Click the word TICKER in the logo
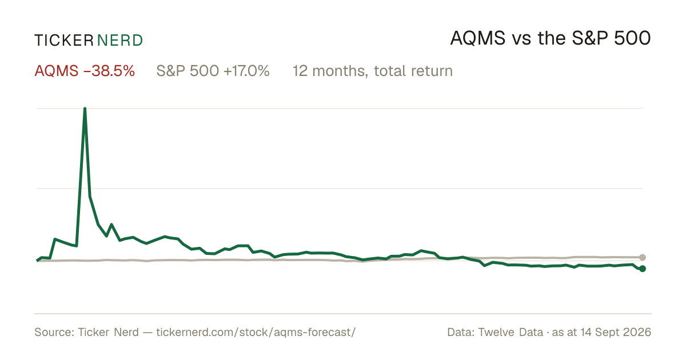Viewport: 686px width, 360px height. pos(64,41)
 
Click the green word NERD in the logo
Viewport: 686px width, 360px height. pos(120,41)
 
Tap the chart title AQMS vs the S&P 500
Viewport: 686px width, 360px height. pos(551,38)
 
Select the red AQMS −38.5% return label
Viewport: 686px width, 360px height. pos(85,71)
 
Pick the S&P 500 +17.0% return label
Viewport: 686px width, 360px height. pos(213,71)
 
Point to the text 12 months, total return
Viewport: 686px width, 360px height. pos(373,71)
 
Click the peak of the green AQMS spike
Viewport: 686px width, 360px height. pos(85,109)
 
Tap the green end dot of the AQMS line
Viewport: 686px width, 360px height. pos(643,269)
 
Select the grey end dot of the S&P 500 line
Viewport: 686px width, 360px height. pos(643,258)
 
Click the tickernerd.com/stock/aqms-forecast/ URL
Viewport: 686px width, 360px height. pos(256,332)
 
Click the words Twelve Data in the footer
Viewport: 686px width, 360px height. pos(510,332)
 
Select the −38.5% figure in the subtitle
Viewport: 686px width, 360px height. pos(109,71)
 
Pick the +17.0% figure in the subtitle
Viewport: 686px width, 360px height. pos(246,71)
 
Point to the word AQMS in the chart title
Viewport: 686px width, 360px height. pos(478,38)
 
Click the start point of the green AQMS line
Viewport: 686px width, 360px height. pos(37,261)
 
